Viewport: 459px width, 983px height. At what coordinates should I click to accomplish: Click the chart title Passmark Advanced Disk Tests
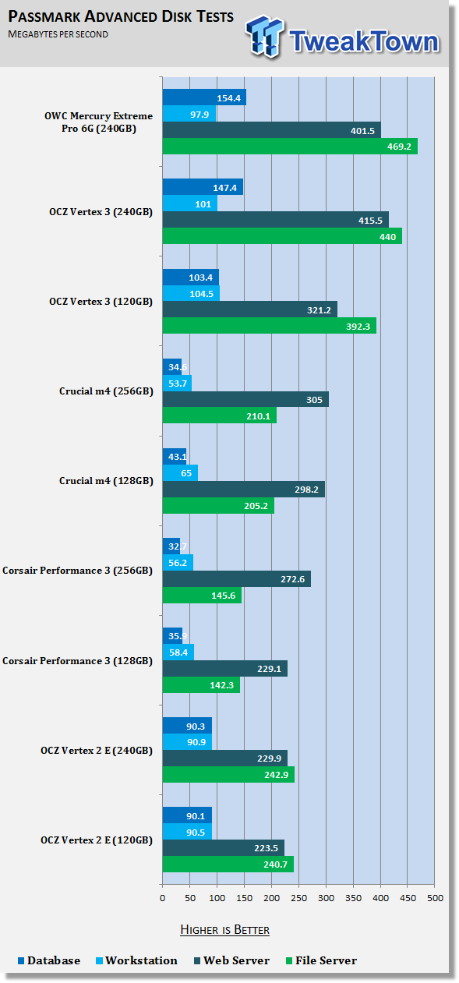121,16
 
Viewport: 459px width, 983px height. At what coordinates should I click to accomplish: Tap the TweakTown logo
342,38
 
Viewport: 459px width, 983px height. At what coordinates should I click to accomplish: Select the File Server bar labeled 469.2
290,147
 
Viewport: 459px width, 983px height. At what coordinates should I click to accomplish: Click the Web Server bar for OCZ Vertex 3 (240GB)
276,220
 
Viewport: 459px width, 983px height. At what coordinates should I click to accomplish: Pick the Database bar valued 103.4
191,278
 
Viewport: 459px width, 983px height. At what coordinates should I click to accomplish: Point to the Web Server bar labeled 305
245,399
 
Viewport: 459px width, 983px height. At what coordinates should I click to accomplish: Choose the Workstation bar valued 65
180,473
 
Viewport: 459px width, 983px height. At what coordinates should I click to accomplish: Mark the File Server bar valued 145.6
203,596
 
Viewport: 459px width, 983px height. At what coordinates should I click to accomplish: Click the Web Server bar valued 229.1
225,669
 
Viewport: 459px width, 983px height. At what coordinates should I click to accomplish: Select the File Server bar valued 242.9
228,775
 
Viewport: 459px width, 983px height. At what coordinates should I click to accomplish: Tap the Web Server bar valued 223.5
224,848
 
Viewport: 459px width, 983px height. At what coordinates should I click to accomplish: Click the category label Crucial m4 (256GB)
106,391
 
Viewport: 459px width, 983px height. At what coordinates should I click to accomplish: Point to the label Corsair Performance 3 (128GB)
78,661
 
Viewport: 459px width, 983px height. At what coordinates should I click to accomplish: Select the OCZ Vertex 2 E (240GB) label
97,751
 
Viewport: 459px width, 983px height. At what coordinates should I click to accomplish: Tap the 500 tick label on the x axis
436,898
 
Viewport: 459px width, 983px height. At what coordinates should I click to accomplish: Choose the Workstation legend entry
136,960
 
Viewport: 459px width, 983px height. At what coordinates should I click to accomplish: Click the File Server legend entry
321,960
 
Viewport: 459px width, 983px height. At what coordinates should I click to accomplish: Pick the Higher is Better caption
224,930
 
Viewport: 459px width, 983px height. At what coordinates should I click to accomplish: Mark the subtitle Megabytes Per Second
58,34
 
